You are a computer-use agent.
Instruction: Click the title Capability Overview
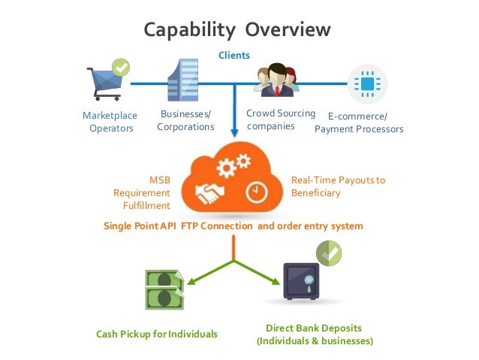[237, 29]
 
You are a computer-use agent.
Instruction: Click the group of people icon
[276, 80]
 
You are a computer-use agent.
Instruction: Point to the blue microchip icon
[367, 83]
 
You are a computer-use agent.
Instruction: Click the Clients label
[233, 55]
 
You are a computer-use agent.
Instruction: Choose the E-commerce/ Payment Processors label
[358, 123]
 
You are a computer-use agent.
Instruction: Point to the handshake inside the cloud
[212, 195]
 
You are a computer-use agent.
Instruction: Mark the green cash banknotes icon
[164, 289]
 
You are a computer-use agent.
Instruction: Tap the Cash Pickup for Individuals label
[157, 333]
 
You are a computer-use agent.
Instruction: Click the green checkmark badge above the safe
[328, 253]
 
